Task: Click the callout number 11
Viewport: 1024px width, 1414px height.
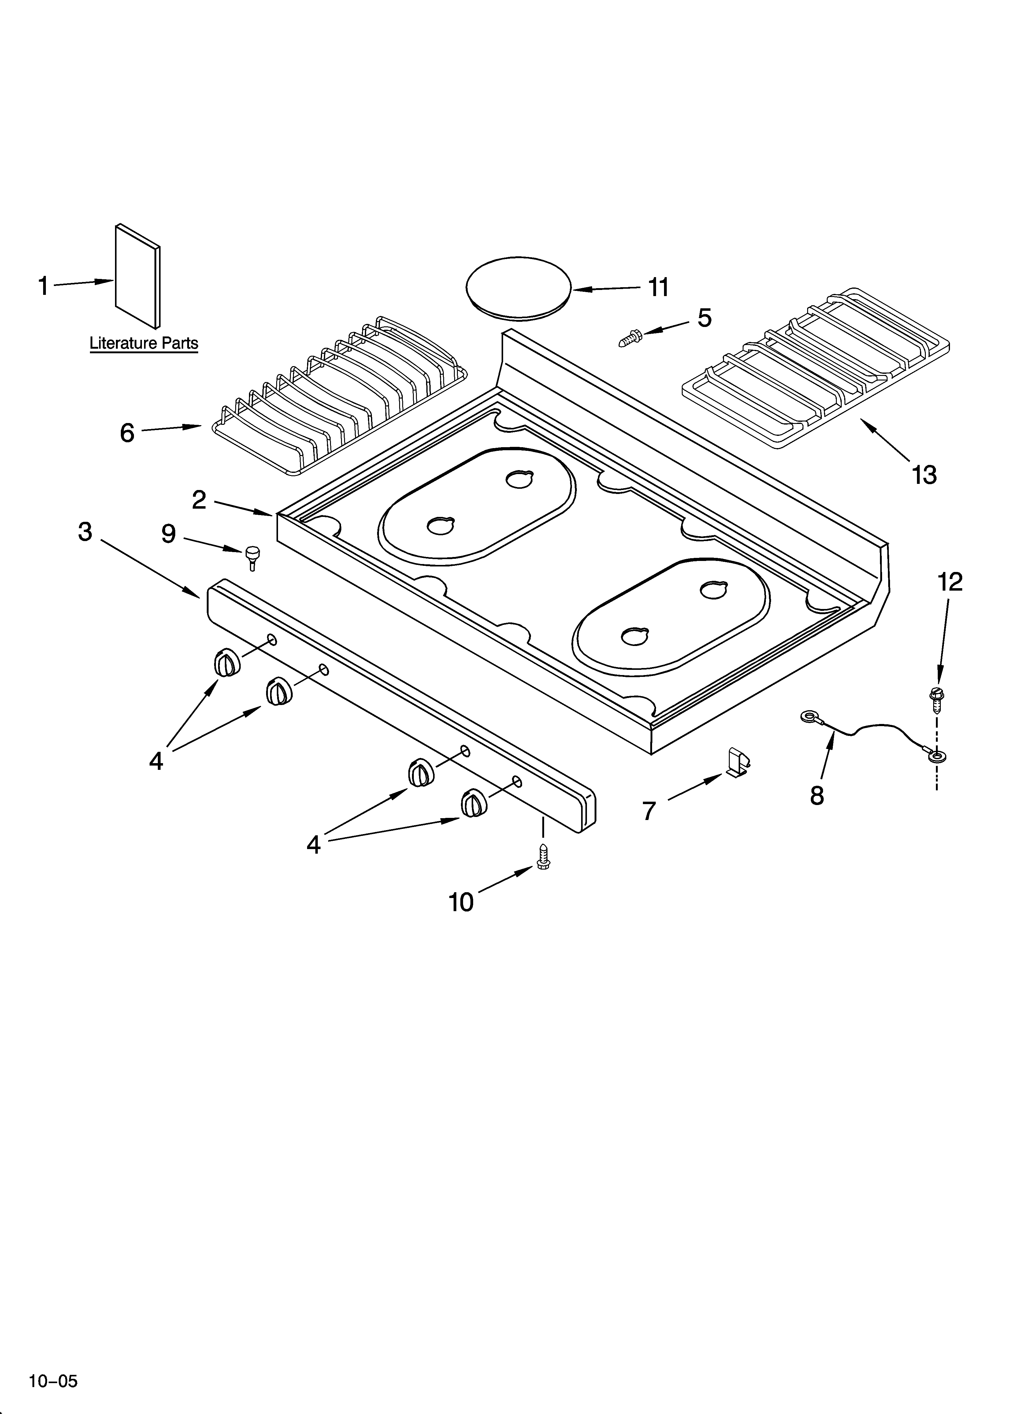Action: tap(659, 288)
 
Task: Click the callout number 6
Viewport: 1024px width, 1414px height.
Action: tap(127, 432)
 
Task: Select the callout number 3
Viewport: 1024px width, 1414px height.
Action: tap(85, 532)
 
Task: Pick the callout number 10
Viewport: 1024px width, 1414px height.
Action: tap(462, 902)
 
